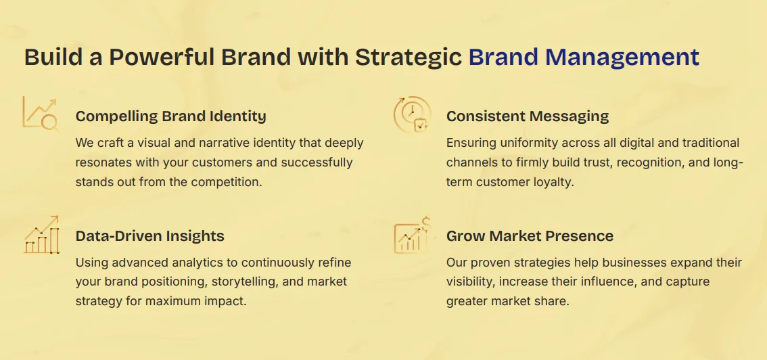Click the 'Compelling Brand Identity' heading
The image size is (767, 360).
pyautogui.click(x=170, y=116)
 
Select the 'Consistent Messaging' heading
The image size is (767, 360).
pyautogui.click(x=528, y=116)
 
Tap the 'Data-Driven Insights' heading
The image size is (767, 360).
pyautogui.click(x=149, y=235)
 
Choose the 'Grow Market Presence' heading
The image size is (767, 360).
pyautogui.click(x=530, y=235)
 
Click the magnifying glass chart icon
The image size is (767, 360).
pyautogui.click(x=40, y=114)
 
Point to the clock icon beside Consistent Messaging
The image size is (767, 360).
pyautogui.click(x=413, y=114)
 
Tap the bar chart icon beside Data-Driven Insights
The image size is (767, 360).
pyautogui.click(x=41, y=235)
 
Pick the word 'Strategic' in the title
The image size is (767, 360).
pyautogui.click(x=409, y=58)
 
